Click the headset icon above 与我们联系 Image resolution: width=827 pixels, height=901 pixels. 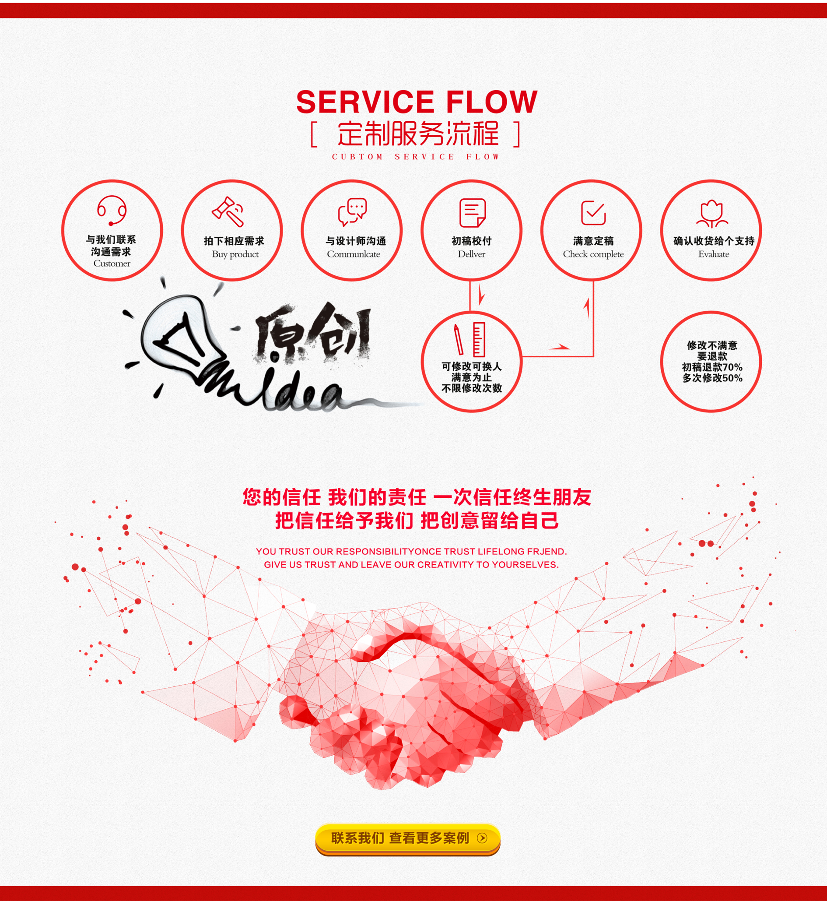112,211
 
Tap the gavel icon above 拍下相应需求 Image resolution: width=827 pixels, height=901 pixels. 228,211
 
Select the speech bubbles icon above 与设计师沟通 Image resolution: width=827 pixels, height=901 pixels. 352,211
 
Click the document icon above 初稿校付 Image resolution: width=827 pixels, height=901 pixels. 472,213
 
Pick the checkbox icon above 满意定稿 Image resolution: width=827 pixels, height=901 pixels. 593,212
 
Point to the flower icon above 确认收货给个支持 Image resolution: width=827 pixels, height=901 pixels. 712,214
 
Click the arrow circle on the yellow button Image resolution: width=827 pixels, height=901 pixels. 482,838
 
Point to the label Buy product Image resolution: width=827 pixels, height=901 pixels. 235,254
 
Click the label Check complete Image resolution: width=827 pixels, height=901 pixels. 593,254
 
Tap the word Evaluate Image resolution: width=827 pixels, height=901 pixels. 713,254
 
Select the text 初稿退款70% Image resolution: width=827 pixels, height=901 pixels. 712,367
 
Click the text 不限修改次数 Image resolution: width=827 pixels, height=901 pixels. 472,388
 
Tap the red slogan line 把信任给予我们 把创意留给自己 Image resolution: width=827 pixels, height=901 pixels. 417,521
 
